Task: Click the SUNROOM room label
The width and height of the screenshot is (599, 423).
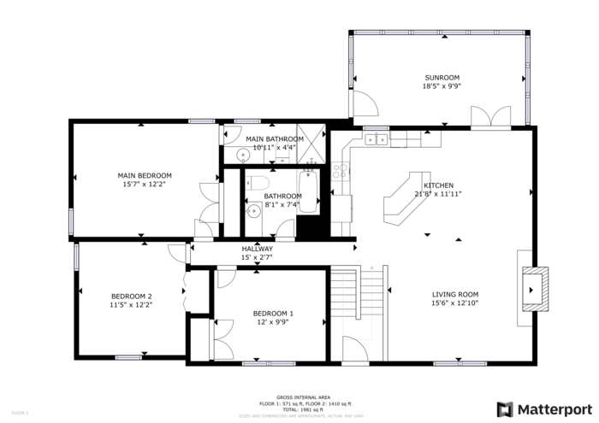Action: point(441,77)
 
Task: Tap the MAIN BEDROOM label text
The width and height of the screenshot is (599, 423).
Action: point(145,175)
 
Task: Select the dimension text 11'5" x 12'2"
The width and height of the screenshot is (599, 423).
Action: point(131,304)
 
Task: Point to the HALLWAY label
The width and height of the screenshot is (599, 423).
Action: point(257,249)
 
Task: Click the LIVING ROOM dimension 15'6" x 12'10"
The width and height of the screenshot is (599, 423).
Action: point(454,303)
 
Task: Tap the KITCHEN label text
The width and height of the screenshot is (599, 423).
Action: point(438,185)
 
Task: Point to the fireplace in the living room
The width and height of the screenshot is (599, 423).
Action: point(534,289)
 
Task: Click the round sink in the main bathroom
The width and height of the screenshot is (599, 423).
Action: point(243,155)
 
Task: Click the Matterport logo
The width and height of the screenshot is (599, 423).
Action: point(543,408)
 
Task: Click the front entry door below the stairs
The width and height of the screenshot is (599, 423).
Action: point(356,350)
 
